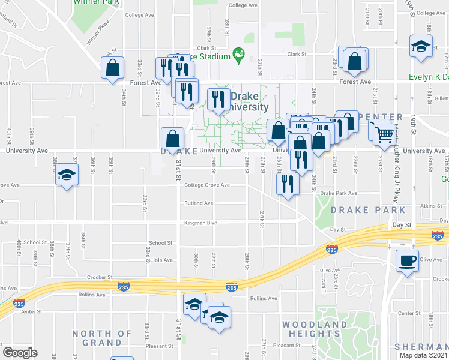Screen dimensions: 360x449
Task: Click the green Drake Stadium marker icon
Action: click(239, 56)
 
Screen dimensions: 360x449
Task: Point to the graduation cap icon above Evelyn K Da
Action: click(421, 46)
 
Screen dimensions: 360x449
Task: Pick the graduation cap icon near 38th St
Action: click(67, 175)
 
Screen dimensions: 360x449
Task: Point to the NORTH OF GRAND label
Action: click(102, 338)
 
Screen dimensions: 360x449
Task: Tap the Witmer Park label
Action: click(95, 2)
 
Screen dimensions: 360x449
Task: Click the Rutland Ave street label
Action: click(199, 203)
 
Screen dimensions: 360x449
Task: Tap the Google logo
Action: click(20, 353)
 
